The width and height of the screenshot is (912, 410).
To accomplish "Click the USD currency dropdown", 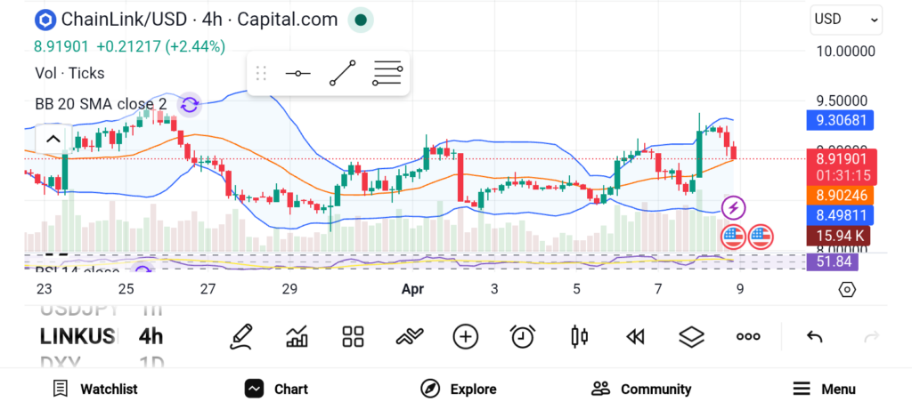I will click(845, 19).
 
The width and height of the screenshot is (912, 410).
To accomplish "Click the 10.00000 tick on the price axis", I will click(846, 52).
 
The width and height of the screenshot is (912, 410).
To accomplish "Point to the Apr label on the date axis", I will click(412, 288).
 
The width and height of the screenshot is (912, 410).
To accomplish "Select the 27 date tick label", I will click(208, 288).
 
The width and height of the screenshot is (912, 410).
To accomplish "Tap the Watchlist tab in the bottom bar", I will click(95, 389).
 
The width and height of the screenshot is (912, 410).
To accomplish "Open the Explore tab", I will click(459, 389).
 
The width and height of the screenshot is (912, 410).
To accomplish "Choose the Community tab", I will click(641, 389).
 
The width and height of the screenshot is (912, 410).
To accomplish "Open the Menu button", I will click(825, 389).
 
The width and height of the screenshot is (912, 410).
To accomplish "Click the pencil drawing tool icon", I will click(240, 336).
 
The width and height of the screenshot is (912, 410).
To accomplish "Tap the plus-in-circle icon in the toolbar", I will click(466, 336).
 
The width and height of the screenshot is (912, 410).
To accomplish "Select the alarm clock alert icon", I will click(523, 336).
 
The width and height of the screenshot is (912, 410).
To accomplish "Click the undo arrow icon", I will click(814, 336).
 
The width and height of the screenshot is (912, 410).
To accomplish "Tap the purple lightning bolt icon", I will click(733, 208).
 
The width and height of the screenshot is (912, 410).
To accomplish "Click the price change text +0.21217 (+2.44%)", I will click(160, 46).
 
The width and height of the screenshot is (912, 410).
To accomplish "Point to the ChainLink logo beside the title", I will click(45, 20).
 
